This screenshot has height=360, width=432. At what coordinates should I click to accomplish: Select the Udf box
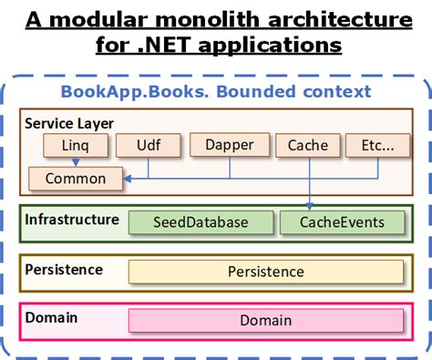[x=148, y=144]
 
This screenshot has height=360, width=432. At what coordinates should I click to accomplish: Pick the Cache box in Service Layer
[x=307, y=144]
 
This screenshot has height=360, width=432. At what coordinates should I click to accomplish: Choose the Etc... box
[x=375, y=144]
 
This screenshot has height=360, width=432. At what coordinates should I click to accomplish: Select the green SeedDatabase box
[x=201, y=221]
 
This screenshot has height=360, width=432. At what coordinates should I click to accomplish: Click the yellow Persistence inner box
[x=265, y=272]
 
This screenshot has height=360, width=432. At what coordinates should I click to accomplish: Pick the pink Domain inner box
[x=265, y=320]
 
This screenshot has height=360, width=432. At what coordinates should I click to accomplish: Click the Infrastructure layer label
[x=72, y=220]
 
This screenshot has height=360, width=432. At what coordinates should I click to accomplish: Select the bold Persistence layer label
[x=64, y=270]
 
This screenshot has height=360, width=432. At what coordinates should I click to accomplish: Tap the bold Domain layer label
[x=51, y=318]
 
